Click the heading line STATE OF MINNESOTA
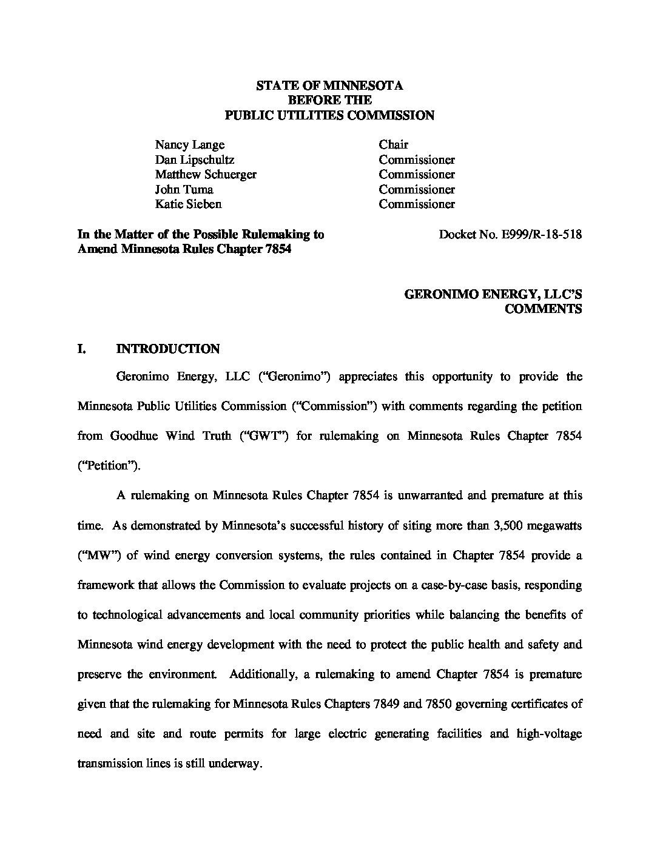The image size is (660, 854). [x=329, y=86]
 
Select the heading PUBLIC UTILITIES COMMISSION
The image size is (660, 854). [x=329, y=115]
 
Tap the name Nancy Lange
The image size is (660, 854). [x=189, y=145]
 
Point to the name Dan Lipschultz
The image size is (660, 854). [x=194, y=160]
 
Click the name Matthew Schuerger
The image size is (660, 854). [x=206, y=175]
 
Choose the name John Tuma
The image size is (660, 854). [x=184, y=189]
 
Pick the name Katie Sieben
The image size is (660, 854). [x=188, y=204]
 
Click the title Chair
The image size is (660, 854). [x=393, y=145]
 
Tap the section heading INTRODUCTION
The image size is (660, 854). [x=167, y=349]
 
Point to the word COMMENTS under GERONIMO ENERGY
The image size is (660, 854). [x=544, y=309]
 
